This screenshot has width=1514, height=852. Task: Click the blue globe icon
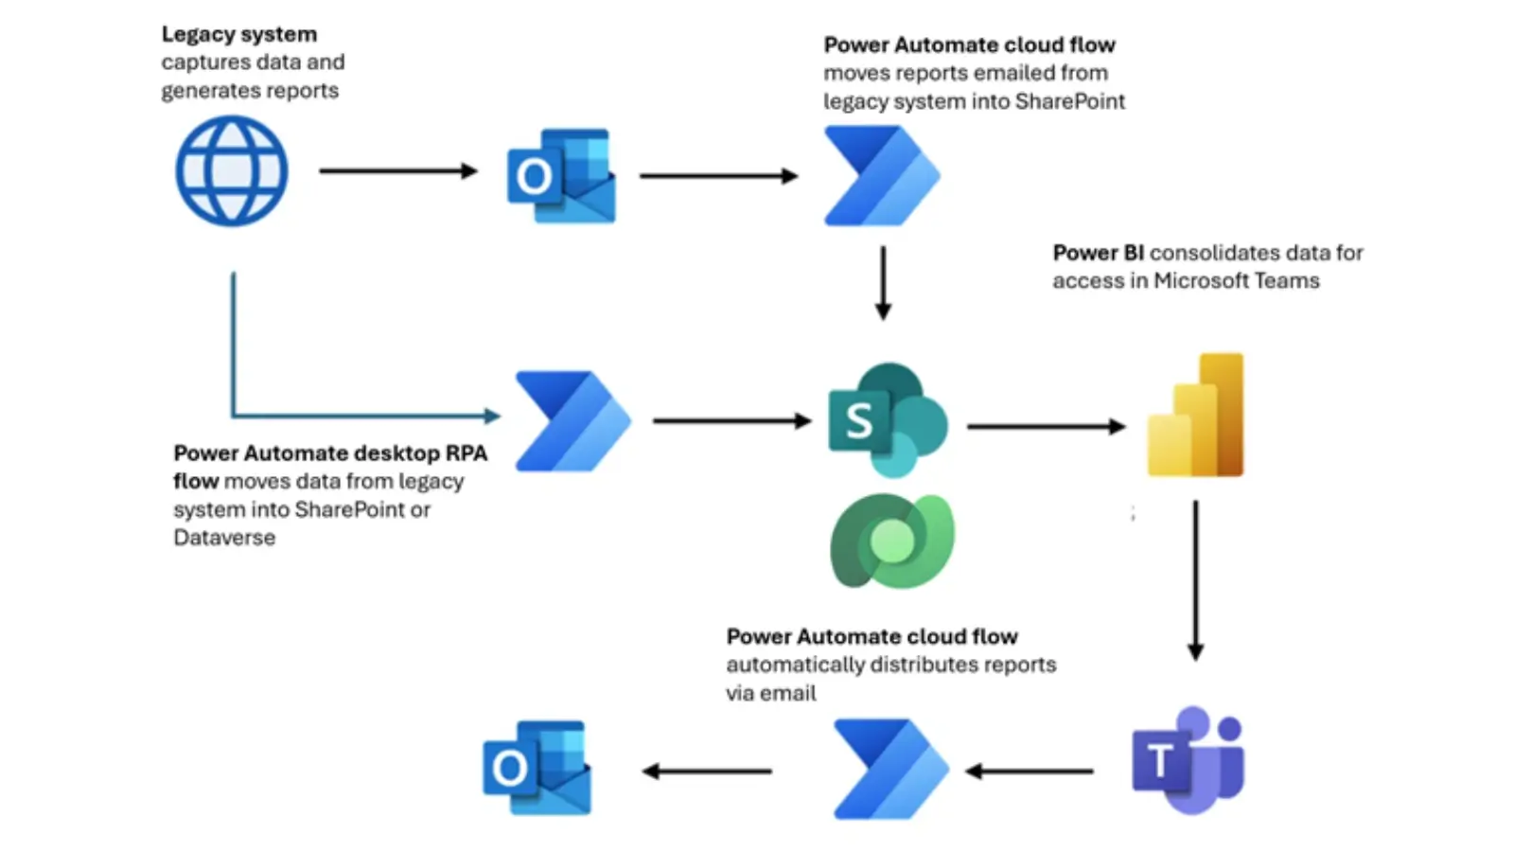[232, 171]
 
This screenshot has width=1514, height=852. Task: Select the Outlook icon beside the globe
[561, 176]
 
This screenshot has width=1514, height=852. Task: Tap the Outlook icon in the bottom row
[537, 768]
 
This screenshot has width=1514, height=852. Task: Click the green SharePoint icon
[887, 419]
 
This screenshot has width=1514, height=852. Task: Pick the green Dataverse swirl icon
[891, 541]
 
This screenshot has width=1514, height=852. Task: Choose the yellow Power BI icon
[1195, 416]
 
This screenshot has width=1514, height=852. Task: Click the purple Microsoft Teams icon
[1188, 759]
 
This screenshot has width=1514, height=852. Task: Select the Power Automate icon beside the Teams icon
[890, 769]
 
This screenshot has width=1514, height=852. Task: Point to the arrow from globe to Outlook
[397, 171]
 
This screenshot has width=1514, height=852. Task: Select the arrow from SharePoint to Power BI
[1046, 427]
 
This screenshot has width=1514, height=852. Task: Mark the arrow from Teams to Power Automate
[1029, 772]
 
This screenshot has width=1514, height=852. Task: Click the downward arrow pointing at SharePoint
[883, 283]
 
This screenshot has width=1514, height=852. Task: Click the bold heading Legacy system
[239, 34]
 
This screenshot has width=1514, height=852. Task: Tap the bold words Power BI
[1098, 253]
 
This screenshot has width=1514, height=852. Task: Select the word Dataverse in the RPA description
[224, 538]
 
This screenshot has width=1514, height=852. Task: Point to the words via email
[770, 693]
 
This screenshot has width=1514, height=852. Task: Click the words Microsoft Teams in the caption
[1236, 281]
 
